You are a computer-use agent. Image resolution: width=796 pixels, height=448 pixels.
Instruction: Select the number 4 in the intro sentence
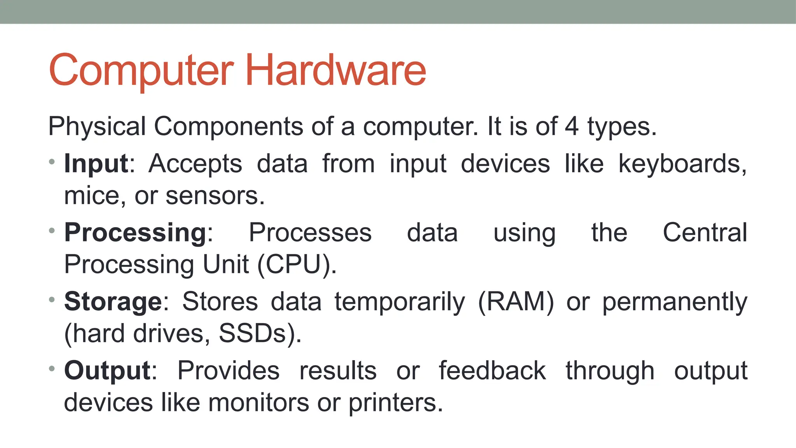click(571, 126)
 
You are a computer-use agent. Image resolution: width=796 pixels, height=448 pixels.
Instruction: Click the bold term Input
click(96, 163)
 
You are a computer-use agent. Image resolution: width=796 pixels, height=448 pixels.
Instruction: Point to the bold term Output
click(107, 370)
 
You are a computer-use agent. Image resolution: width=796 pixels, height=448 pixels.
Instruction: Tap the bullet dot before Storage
click(52, 299)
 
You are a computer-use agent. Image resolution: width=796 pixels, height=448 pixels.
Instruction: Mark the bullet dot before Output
click(52, 368)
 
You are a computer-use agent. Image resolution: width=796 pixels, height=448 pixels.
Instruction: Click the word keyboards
click(682, 164)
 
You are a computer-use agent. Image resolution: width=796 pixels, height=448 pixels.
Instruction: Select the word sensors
click(215, 196)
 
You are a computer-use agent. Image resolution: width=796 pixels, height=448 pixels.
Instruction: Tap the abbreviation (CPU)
click(297, 265)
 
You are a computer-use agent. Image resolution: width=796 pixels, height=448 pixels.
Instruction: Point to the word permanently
click(675, 303)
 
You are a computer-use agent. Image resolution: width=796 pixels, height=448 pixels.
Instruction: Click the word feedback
click(492, 370)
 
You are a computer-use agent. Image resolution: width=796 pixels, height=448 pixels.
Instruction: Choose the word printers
click(395, 403)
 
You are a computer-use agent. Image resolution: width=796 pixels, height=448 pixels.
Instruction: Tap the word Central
click(705, 233)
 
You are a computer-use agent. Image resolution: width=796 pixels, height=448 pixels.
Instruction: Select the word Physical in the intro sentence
click(97, 127)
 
